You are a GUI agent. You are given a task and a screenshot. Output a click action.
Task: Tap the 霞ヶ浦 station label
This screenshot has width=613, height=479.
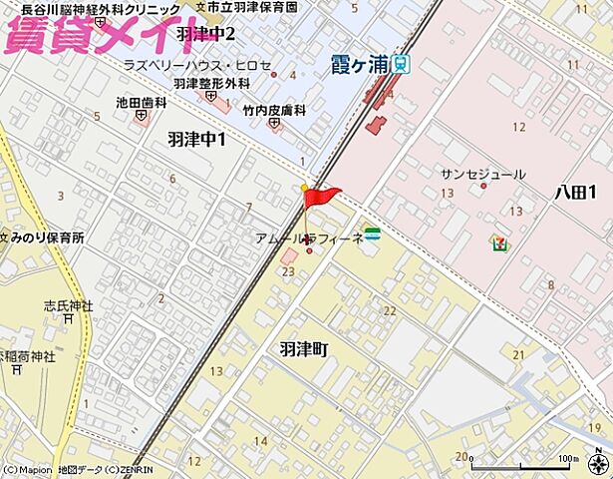(359, 65)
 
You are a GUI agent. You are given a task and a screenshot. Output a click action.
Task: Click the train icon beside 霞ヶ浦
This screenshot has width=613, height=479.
(400, 65)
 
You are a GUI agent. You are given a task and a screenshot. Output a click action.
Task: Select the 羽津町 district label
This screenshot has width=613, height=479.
(303, 349)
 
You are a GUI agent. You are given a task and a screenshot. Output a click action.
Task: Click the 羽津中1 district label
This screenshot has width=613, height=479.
(196, 140)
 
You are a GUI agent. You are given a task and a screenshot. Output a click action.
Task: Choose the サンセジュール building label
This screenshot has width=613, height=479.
(483, 174)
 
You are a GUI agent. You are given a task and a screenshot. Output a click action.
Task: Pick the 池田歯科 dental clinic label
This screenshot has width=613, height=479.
(140, 101)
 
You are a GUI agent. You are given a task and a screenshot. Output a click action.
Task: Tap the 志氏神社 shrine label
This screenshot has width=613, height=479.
(68, 305)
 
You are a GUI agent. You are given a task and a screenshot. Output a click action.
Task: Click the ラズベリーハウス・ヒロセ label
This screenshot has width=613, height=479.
(197, 65)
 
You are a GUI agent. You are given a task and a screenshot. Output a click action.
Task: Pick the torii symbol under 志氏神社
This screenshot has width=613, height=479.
(68, 320)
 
